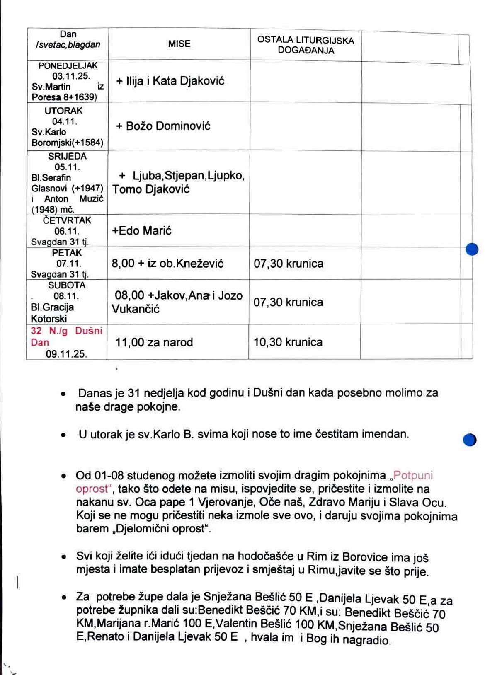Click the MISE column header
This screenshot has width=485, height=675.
[179, 44]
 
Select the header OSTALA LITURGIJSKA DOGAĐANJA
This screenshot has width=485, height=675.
[306, 45]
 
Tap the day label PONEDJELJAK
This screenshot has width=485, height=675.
[68, 65]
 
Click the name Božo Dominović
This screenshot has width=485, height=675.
[168, 126]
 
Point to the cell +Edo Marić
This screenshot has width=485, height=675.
[142, 231]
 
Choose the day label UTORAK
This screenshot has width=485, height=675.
[63, 111]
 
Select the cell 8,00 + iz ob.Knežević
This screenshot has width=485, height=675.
[167, 264]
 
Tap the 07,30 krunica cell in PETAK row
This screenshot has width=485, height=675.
[289, 264]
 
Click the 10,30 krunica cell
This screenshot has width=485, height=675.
[288, 342]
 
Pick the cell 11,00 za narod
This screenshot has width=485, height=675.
[154, 342]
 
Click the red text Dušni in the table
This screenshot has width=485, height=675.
[88, 331]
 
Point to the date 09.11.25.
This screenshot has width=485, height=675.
[66, 354]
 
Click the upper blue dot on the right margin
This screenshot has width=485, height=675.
[472, 249]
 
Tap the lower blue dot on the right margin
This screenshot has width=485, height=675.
[470, 440]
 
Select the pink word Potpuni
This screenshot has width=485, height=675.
[413, 475]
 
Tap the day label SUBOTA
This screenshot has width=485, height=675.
[67, 285]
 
